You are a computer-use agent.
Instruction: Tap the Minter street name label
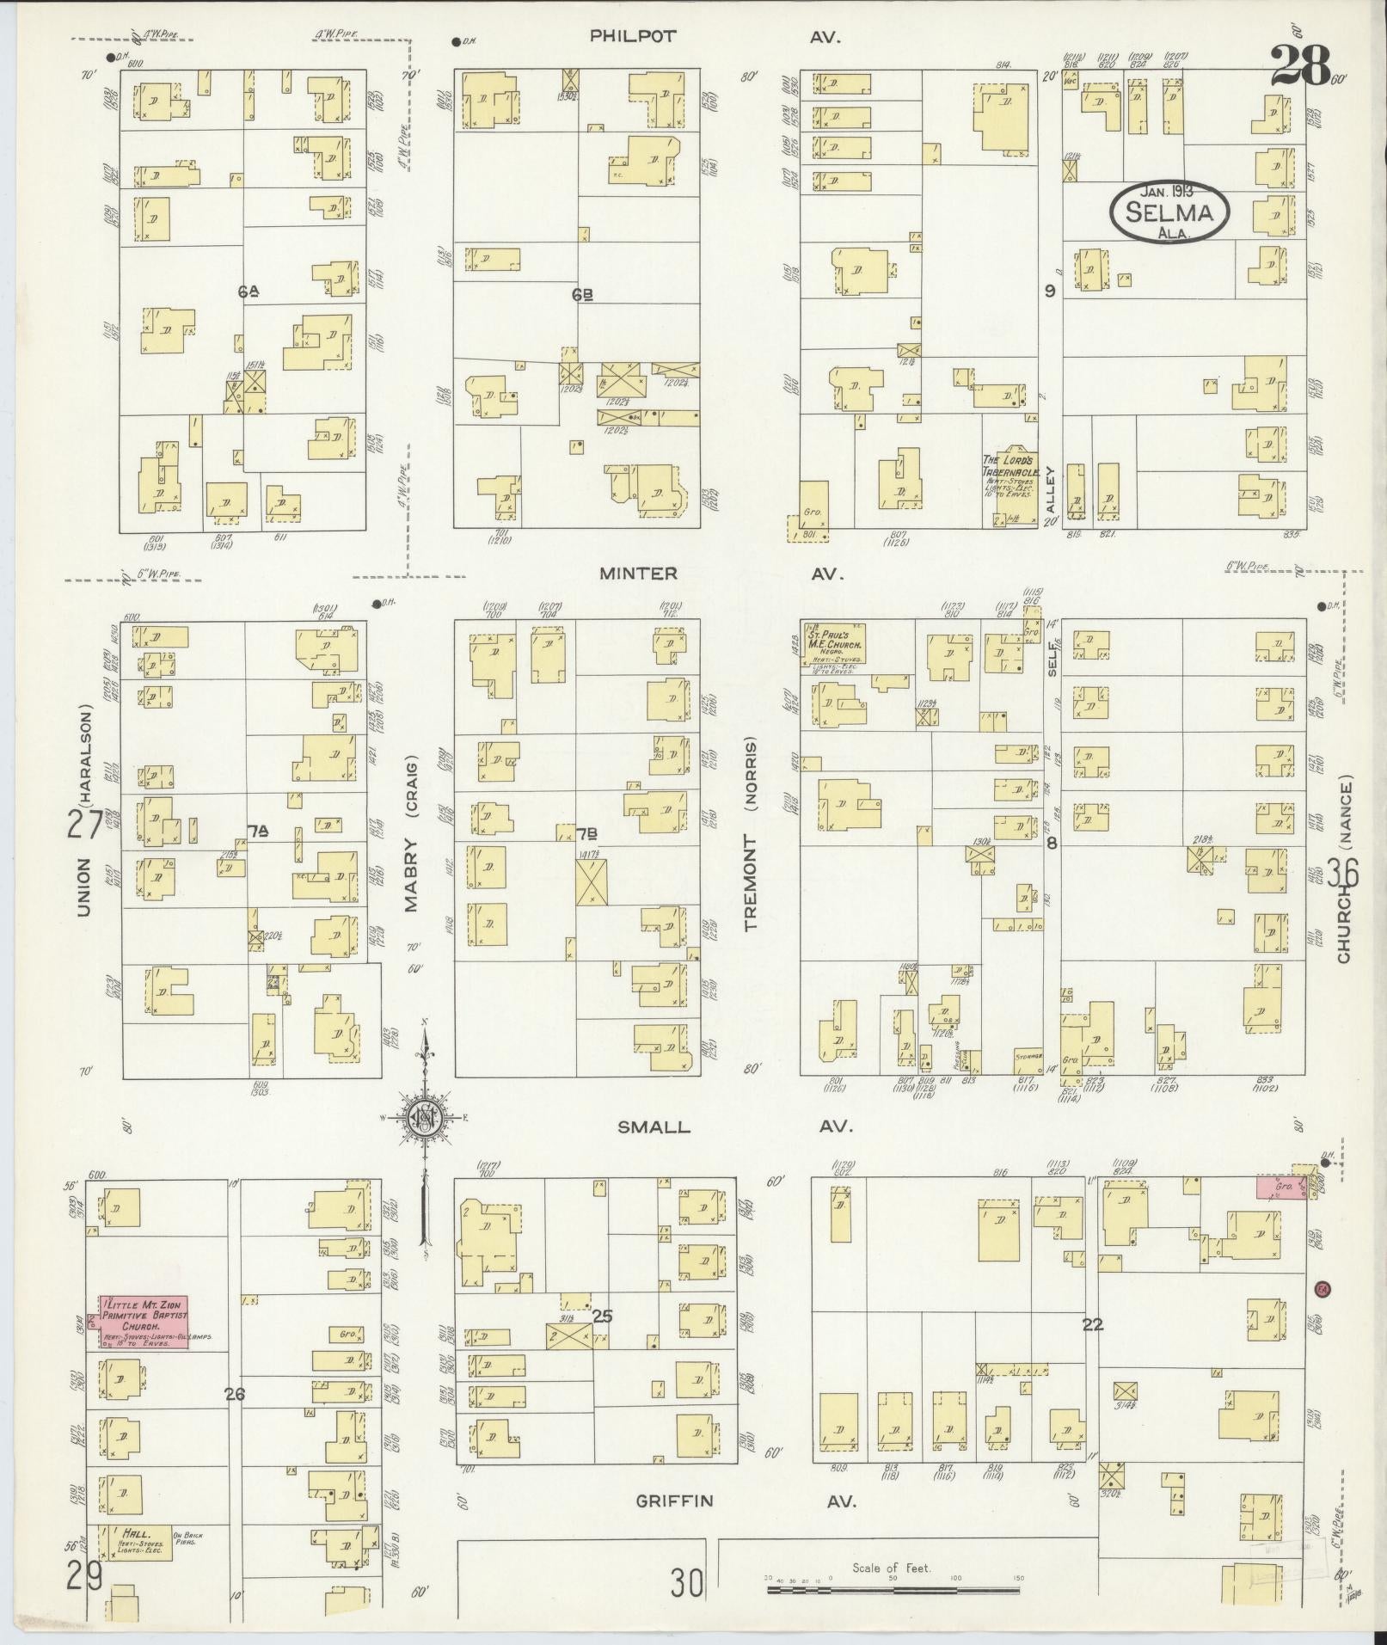point(638,573)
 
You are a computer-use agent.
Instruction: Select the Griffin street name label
point(674,1500)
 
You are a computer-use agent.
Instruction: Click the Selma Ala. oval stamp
point(1169,212)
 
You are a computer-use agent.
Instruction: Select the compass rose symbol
point(424,1118)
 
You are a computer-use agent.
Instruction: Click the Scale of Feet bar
point(894,1579)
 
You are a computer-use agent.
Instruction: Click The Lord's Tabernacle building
point(1011,486)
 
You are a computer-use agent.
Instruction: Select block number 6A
point(249,292)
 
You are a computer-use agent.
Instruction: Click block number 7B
point(587,833)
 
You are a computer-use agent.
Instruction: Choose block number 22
point(1092,1325)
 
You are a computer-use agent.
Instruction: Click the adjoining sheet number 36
point(1341,874)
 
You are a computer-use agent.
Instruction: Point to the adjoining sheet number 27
point(85,826)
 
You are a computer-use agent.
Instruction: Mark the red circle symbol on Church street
point(1323,1289)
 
